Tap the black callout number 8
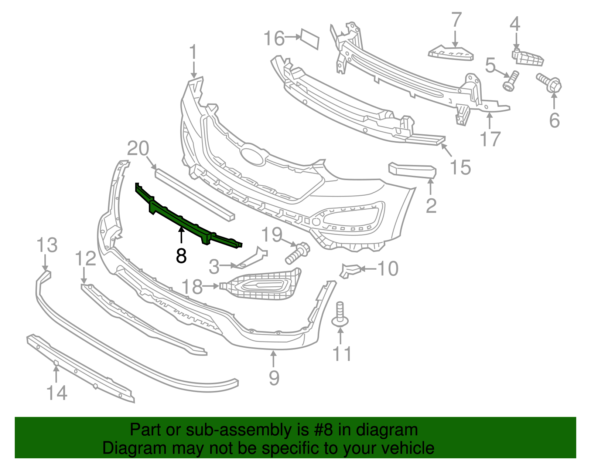tap(181, 255)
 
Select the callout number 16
tap(274, 38)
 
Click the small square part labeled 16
tap(310, 38)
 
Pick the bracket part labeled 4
tap(527, 57)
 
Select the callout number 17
tap(490, 139)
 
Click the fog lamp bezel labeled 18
tap(260, 285)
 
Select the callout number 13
tap(47, 245)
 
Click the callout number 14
tap(57, 393)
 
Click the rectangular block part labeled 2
tap(412, 171)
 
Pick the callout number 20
tap(138, 148)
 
